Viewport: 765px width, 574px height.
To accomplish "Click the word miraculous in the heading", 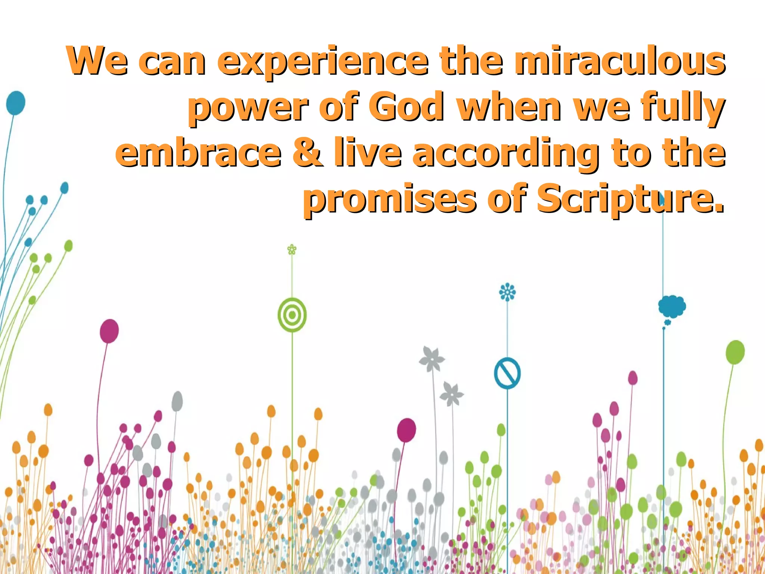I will [x=619, y=61].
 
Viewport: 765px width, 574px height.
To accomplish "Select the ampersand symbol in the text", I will [x=307, y=152].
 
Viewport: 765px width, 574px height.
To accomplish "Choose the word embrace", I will [x=198, y=152].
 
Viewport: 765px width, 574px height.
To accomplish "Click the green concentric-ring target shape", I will [x=292, y=315].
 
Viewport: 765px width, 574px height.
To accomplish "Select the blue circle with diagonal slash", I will [x=507, y=373].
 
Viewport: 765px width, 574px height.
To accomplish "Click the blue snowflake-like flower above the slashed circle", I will [x=507, y=292].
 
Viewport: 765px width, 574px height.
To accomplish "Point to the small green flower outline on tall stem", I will [x=292, y=249].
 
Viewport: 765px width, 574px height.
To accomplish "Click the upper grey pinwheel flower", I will [x=432, y=359].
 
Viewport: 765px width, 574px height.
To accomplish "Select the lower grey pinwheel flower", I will [x=452, y=394].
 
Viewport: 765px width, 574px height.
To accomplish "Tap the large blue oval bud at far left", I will [x=16, y=103].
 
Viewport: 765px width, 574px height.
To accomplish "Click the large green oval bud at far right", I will [x=735, y=352].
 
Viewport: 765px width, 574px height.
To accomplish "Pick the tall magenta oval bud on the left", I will [x=109, y=331].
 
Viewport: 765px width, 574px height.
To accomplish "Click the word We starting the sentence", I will [x=97, y=61].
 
